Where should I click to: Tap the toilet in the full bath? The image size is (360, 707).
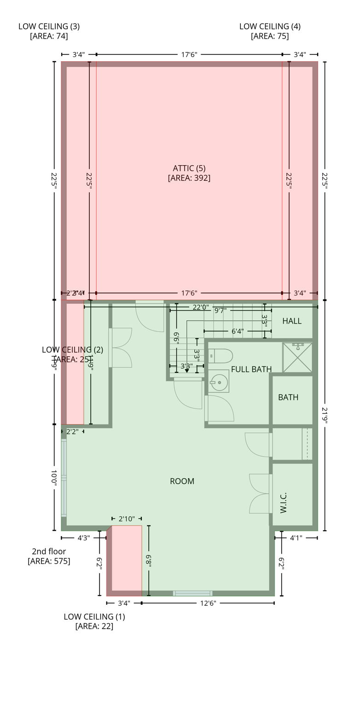point(221,356)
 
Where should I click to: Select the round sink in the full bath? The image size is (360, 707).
point(219,382)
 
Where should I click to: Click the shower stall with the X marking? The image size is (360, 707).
point(297,357)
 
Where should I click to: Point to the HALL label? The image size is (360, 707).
point(292,321)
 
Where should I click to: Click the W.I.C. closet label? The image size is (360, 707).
point(283,503)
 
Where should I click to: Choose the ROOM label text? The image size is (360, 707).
point(182,481)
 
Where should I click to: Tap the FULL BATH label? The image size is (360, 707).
point(251,369)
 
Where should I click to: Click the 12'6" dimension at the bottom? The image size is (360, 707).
point(208,603)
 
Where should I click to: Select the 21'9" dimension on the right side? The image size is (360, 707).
point(325,417)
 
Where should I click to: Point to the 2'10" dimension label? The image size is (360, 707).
point(127,519)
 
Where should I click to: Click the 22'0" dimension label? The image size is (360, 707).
point(201,307)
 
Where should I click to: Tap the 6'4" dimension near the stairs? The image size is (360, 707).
point(238,331)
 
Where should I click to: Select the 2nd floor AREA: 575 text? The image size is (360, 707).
point(49,556)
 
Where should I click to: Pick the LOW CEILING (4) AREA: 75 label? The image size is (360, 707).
point(270,31)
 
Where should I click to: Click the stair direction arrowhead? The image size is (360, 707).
point(187,371)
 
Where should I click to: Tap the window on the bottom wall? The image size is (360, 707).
point(192,593)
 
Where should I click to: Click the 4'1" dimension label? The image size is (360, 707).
point(296,538)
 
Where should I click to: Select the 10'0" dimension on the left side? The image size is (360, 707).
point(54,478)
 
